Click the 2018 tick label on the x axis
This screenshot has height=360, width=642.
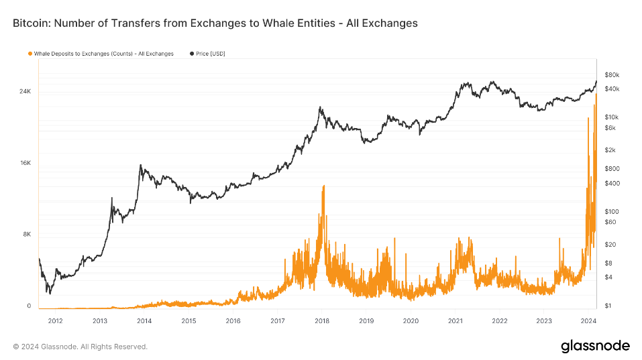click(322, 321)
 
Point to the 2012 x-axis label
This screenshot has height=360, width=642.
click(55, 321)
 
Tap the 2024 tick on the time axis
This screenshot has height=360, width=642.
click(588, 321)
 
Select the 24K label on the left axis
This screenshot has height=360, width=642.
click(25, 91)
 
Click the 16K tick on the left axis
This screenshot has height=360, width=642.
click(25, 163)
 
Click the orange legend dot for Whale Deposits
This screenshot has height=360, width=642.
click(30, 54)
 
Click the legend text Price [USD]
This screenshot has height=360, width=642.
click(208, 54)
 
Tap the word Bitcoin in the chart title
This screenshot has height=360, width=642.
click(31, 23)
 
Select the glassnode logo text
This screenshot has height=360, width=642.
click(595, 346)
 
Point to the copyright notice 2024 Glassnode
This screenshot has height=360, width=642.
click(80, 347)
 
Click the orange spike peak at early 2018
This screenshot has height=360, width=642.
click(323, 186)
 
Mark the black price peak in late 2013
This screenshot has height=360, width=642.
click(140, 165)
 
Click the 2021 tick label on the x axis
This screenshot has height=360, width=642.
click(456, 321)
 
